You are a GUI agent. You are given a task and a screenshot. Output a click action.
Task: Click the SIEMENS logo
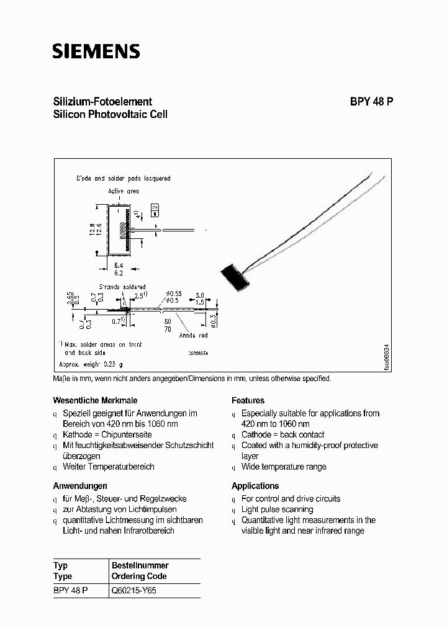tap(96, 51)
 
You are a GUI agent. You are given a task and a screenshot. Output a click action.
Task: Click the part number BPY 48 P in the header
tap(368, 102)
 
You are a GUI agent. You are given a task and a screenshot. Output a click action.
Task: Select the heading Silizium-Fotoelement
tap(102, 102)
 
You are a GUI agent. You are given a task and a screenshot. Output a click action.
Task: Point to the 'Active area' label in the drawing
tap(124, 191)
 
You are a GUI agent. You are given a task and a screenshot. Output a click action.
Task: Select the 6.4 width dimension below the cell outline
tap(119, 264)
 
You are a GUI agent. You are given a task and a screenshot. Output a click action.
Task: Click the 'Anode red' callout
tap(192, 336)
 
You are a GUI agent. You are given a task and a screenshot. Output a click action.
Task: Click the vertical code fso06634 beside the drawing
tap(386, 357)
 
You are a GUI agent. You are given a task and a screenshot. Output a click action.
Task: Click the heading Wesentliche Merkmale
tap(95, 400)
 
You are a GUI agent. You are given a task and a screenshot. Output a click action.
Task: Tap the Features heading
tap(248, 400)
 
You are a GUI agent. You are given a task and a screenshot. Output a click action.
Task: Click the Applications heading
tap(255, 485)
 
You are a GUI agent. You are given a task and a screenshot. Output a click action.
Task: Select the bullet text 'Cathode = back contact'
tap(282, 434)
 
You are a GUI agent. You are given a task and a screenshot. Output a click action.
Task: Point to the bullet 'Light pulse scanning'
tap(277, 509)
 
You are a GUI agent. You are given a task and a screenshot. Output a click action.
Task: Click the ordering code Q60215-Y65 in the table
tap(134, 591)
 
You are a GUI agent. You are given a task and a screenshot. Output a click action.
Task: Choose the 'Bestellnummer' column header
tap(140, 565)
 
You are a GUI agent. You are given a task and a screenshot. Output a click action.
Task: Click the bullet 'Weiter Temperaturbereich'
tap(108, 467)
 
